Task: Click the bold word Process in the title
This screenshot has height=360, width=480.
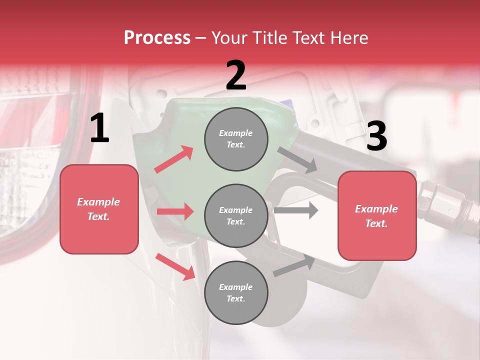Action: pos(157,37)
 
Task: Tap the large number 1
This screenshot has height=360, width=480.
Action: pos(99,128)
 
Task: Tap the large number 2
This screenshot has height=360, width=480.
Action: pos(236,75)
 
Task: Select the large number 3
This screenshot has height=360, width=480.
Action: pos(376,136)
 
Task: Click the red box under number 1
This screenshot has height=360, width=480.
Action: pos(99,209)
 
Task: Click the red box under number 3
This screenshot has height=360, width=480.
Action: pos(377,215)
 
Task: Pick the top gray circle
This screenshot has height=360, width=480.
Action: pos(236,139)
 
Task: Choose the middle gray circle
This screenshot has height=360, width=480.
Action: pos(236,215)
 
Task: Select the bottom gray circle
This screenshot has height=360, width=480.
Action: pos(236,292)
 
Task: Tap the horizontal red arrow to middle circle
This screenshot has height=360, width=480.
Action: pos(175,211)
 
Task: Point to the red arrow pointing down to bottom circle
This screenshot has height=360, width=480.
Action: pos(175,266)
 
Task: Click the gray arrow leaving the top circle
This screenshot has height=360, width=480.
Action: pos(297,159)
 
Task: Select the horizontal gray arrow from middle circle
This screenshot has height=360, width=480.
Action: pos(296,210)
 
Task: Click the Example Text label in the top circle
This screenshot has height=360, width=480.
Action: pos(236,139)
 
